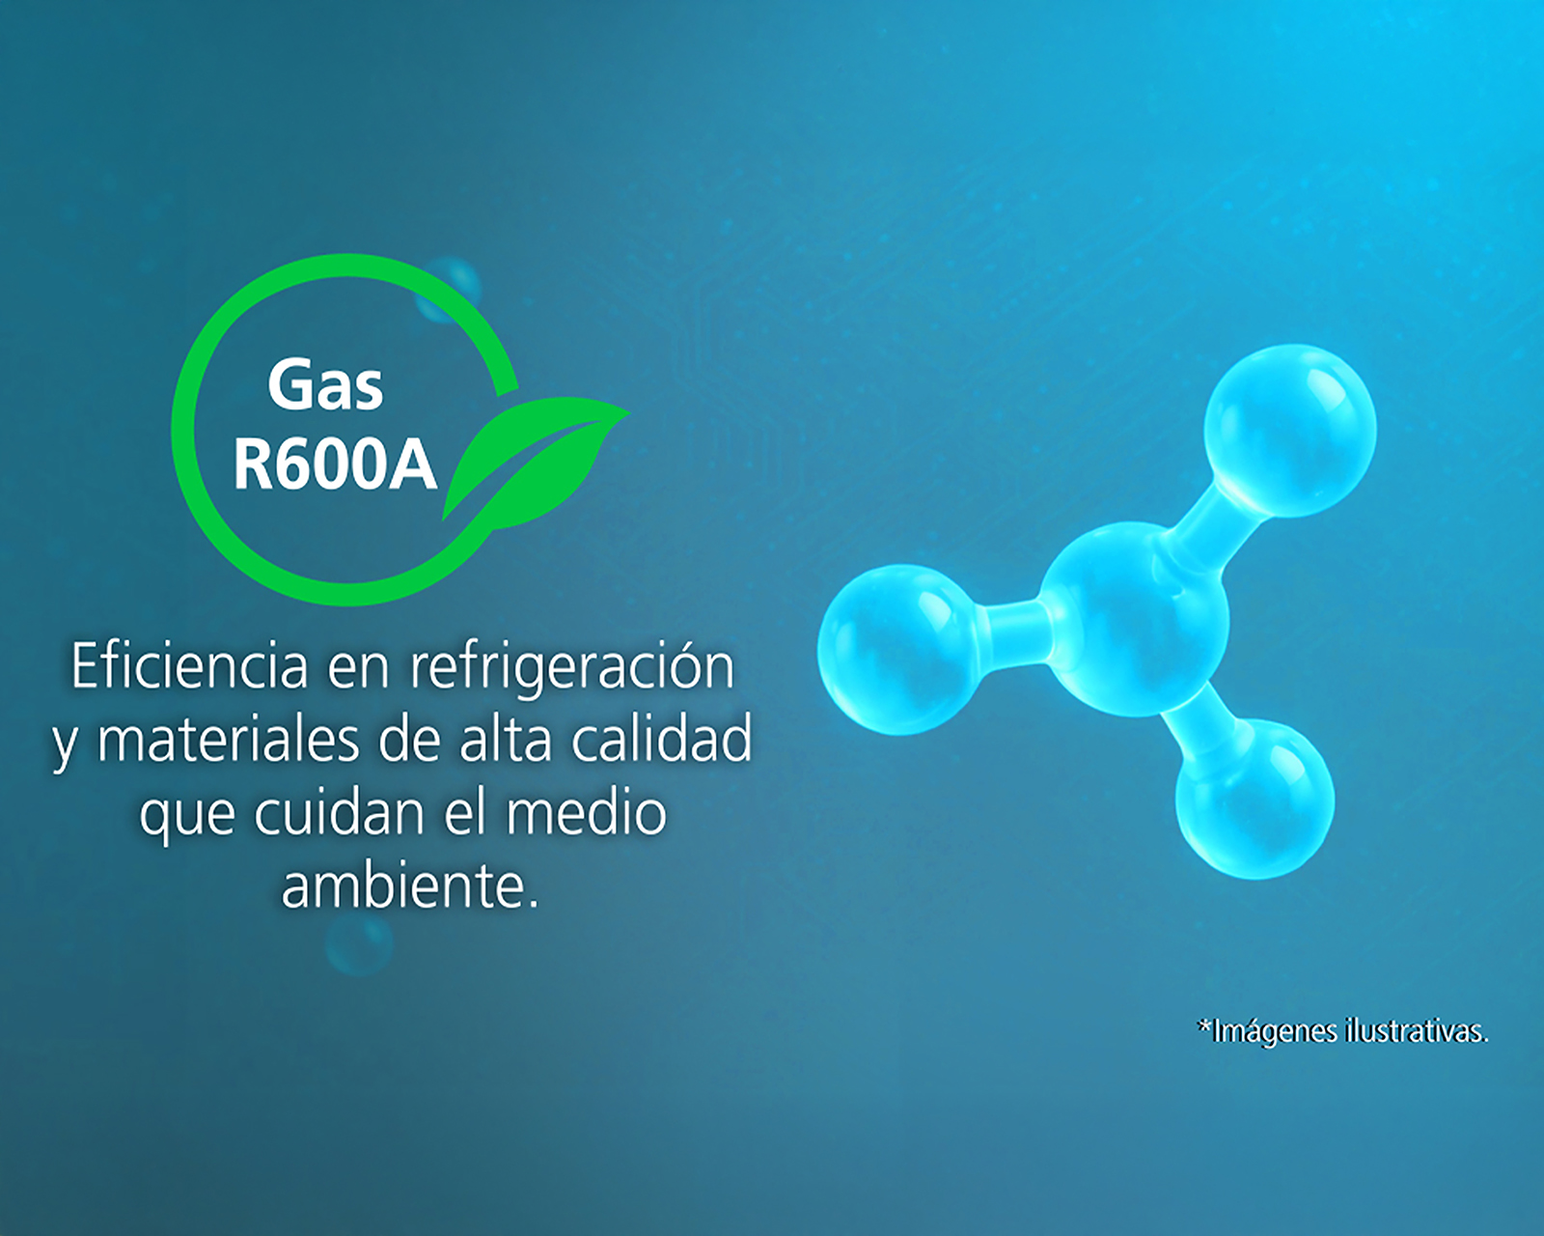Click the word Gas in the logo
click(x=325, y=385)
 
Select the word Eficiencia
click(x=189, y=666)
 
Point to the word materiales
click(x=228, y=742)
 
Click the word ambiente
click(x=410, y=886)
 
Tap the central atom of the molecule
click(x=1134, y=619)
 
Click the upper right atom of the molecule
click(x=1290, y=431)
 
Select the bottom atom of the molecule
click(x=1254, y=798)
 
